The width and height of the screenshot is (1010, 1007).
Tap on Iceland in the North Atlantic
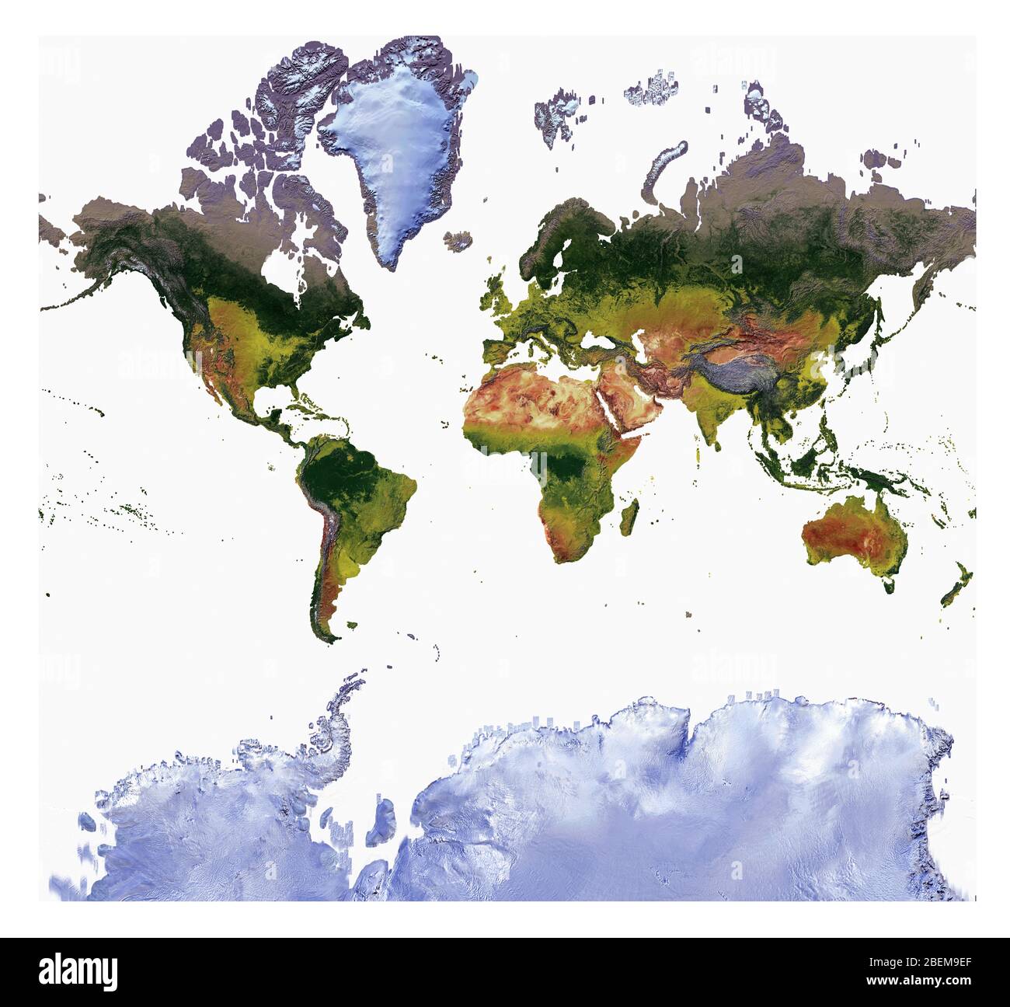pyautogui.click(x=461, y=240)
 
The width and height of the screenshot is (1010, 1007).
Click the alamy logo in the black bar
pyautogui.click(x=79, y=971)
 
